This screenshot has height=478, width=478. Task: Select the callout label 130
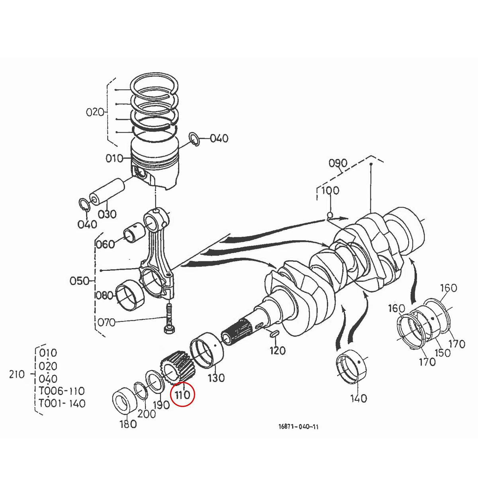click(216, 377)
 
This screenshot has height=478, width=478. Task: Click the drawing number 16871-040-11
click(298, 427)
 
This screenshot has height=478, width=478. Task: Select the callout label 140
click(358, 398)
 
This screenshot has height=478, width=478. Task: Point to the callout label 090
click(338, 163)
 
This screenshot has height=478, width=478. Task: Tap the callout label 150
click(442, 353)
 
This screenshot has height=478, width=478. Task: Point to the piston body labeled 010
click(155, 167)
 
